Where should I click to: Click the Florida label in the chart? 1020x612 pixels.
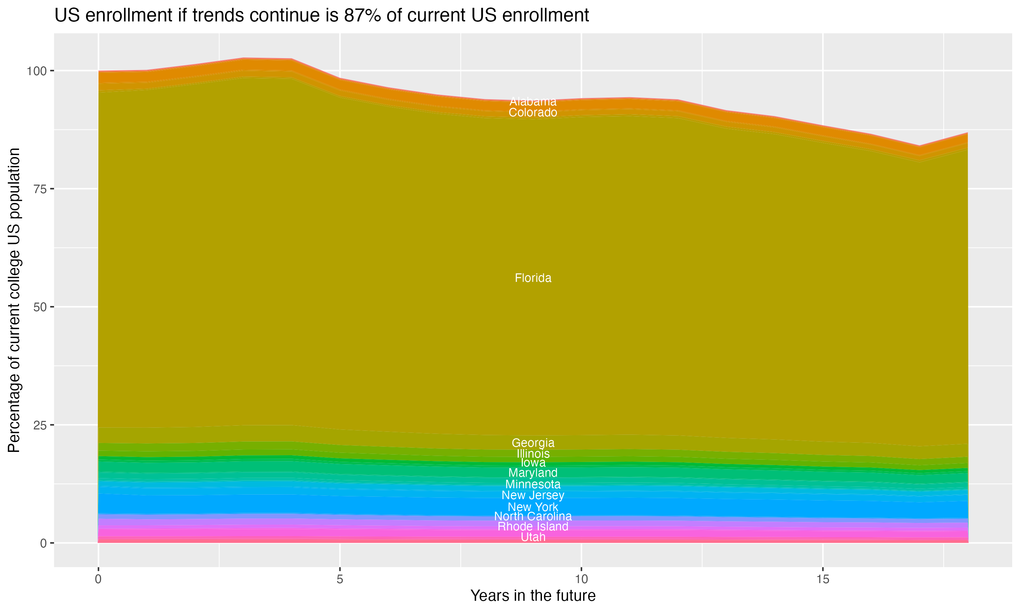click(533, 278)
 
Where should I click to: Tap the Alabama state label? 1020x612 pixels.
click(533, 101)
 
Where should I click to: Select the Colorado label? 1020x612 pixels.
click(533, 113)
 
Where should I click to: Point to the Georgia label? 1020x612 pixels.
click(533, 443)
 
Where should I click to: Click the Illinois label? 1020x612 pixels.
click(533, 454)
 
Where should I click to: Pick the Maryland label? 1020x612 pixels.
click(533, 473)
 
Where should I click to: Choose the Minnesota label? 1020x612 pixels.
click(533, 484)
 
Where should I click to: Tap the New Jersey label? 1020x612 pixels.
click(533, 495)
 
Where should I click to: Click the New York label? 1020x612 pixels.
click(533, 507)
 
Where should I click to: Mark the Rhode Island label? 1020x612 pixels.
click(533, 527)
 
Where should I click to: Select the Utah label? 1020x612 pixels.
click(533, 537)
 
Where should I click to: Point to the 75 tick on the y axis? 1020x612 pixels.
click(39, 189)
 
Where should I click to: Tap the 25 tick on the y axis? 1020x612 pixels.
click(39, 425)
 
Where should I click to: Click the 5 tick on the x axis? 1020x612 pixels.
click(340, 579)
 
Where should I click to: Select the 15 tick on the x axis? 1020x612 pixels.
click(822, 579)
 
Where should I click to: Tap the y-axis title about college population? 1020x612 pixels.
click(14, 300)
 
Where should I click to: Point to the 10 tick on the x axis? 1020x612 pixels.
click(581, 579)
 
